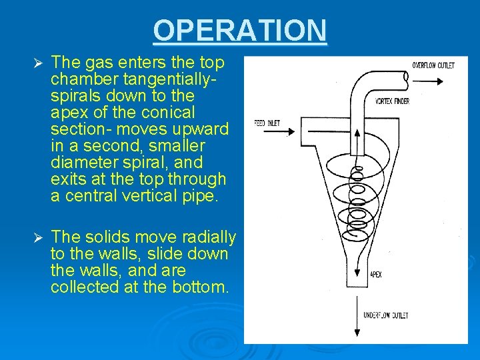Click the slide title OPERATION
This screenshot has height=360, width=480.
click(x=240, y=31)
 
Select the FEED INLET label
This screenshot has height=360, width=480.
click(x=267, y=123)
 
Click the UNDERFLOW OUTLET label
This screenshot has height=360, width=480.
click(x=386, y=315)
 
